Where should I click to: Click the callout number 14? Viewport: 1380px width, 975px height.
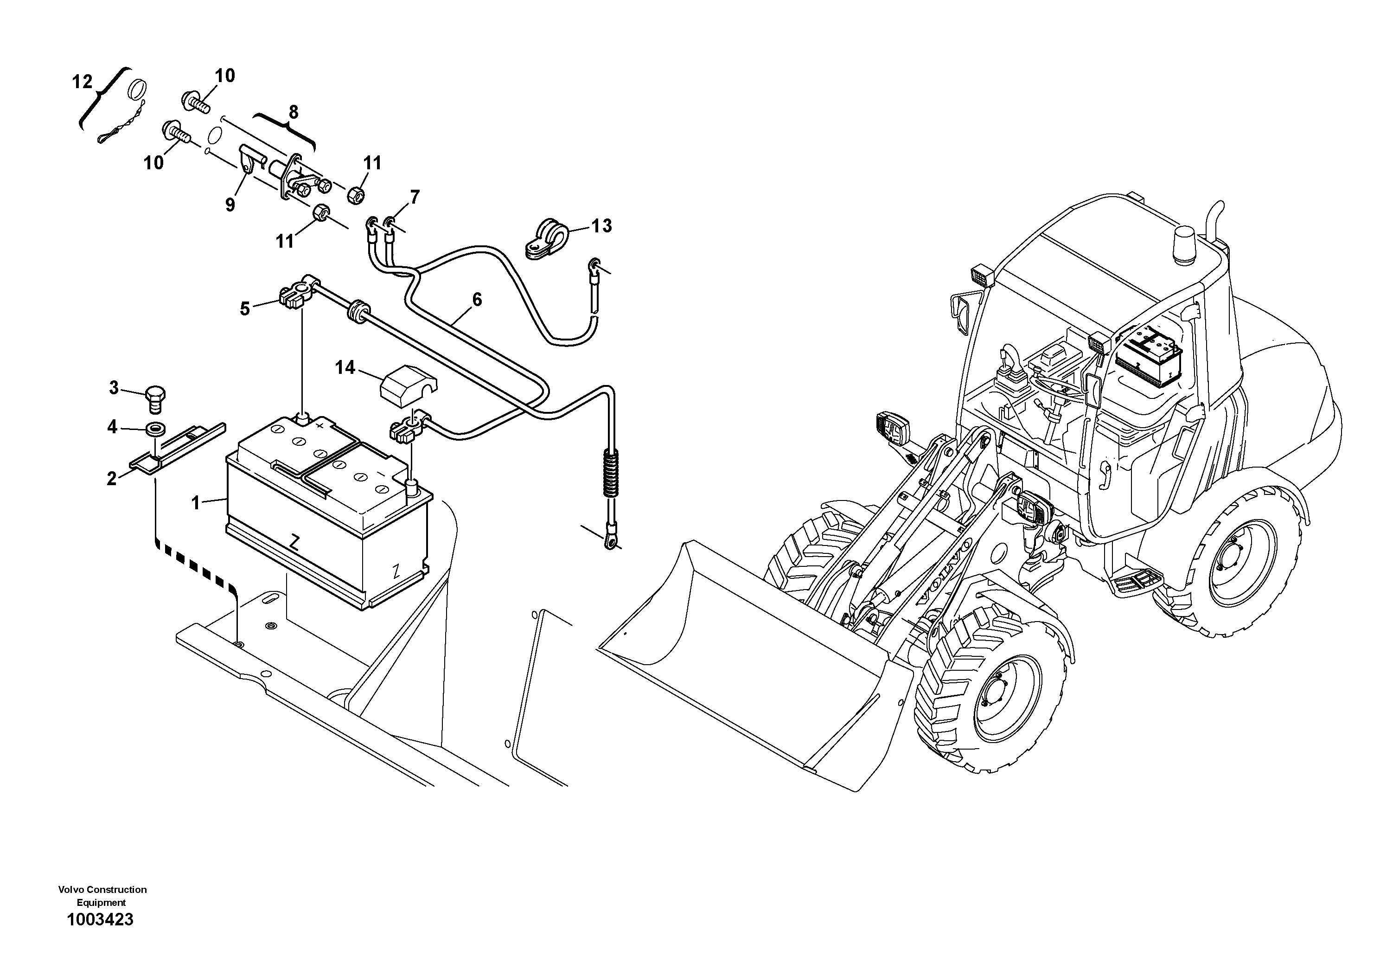click(345, 367)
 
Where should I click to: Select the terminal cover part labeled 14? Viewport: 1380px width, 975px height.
click(409, 382)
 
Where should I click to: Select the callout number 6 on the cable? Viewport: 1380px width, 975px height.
click(477, 299)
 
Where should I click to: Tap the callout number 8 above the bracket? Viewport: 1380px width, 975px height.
click(293, 112)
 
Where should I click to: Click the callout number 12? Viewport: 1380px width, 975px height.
click(83, 81)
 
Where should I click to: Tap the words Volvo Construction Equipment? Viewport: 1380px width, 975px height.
click(102, 896)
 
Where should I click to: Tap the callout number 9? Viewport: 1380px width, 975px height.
click(230, 205)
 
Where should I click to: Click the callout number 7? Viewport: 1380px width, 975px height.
click(415, 197)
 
